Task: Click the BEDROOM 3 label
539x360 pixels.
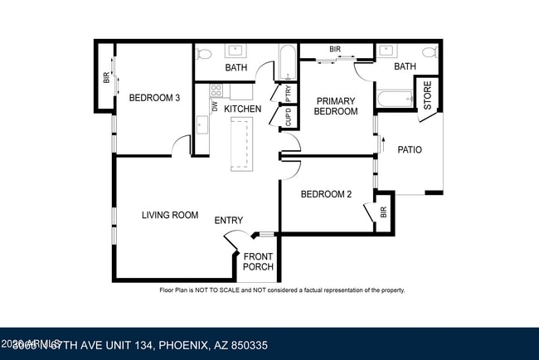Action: [154, 98]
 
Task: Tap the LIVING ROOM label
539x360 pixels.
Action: [170, 215]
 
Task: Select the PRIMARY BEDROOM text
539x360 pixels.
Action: [336, 106]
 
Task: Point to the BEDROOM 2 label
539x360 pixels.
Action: [326, 195]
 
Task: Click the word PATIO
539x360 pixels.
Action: [410, 150]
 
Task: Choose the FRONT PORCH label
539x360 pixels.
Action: [258, 261]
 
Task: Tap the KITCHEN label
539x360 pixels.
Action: [243, 109]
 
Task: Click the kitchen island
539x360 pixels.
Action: [241, 143]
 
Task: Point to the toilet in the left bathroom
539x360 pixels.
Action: [266, 51]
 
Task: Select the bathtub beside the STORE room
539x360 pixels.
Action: [393, 100]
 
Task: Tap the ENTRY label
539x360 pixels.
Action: [229, 220]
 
